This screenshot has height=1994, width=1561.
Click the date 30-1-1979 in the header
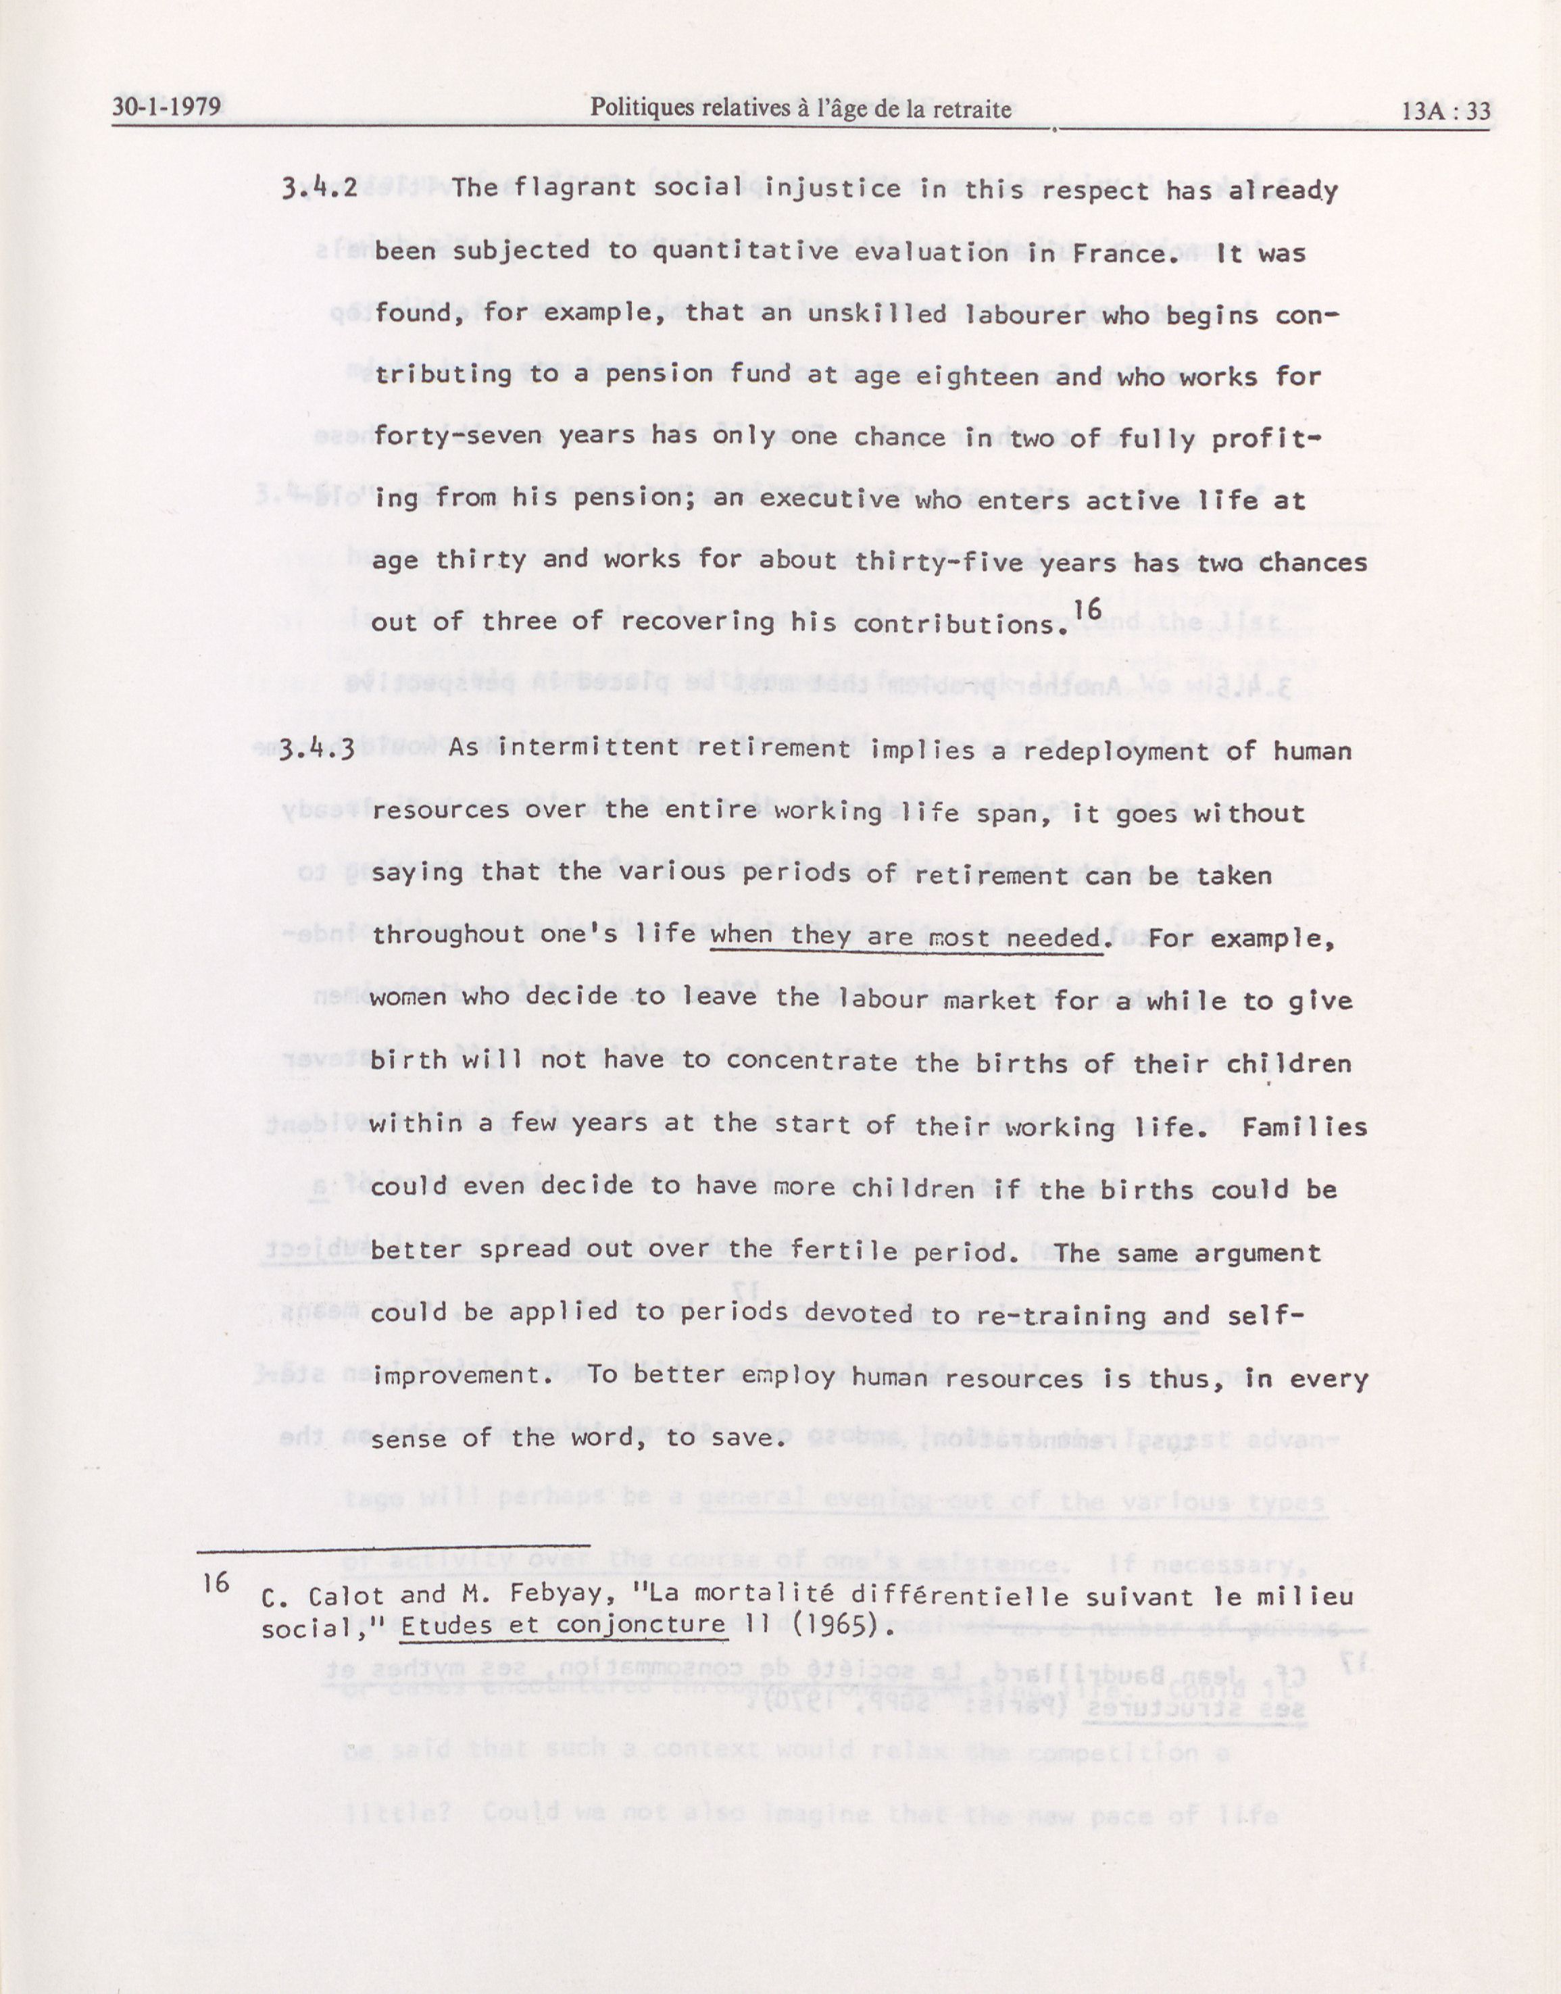click(x=166, y=109)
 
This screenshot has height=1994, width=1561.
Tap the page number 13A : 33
click(x=1446, y=111)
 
